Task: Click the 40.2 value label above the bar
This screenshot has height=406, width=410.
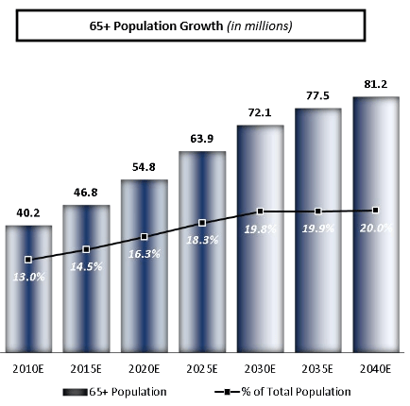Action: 28,213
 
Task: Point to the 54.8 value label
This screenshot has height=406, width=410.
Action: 145,167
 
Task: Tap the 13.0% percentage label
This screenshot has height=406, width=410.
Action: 29,276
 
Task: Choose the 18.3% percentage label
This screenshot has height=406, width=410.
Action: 203,241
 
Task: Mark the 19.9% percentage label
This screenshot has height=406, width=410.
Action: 318,228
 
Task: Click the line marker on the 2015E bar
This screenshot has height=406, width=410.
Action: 86,249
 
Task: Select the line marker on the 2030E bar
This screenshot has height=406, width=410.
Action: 260,211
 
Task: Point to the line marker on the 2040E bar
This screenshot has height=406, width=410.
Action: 376,210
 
